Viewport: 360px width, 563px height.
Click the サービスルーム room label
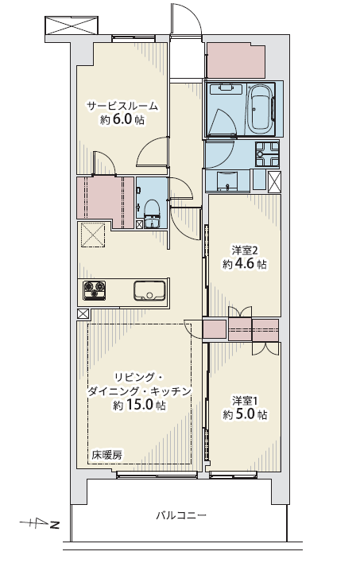pyautogui.click(x=122, y=106)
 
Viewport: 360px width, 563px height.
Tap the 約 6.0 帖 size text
pyautogui.click(x=122, y=119)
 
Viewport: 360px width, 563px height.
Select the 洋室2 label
pyautogui.click(x=245, y=250)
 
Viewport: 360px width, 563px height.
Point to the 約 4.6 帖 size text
pyautogui.click(x=245, y=264)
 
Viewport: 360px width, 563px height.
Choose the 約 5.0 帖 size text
pyautogui.click(x=245, y=415)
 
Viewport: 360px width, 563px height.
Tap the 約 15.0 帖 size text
pyautogui.click(x=140, y=405)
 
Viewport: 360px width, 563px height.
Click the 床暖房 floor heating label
pyautogui.click(x=107, y=456)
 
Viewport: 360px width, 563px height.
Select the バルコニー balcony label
pyautogui.click(x=181, y=516)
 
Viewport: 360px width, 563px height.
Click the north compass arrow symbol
pyautogui.click(x=39, y=523)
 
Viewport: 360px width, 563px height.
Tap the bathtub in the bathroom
pyautogui.click(x=260, y=109)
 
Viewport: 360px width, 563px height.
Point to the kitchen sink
pyautogui.click(x=149, y=290)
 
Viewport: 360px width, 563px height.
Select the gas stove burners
pyautogui.click(x=95, y=290)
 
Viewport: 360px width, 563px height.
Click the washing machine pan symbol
pyautogui.click(x=267, y=154)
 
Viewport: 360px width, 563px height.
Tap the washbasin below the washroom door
pyautogui.click(x=226, y=181)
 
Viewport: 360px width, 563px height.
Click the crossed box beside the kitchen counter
pyautogui.click(x=83, y=314)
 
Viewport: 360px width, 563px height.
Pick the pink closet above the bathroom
pyautogui.click(x=236, y=60)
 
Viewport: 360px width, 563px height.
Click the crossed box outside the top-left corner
pyautogui.click(x=72, y=25)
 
